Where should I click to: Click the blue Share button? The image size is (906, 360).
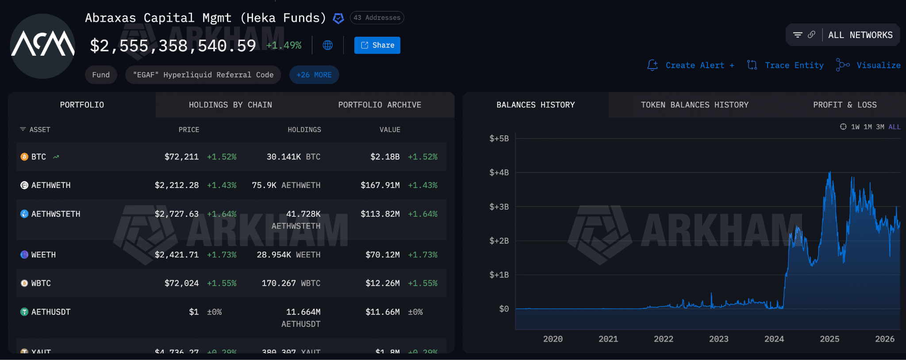377,45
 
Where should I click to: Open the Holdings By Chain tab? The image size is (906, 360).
230,105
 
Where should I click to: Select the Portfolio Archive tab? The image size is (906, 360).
380,105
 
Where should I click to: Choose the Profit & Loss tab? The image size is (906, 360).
845,105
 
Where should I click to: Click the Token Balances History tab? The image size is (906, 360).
695,105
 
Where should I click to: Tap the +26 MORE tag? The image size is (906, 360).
314,75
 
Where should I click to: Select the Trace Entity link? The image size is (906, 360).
794,65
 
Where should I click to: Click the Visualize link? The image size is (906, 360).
878,65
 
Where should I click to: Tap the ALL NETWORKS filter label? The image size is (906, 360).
860,35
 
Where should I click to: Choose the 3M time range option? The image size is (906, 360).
880,127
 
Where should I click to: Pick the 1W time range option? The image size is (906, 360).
855,127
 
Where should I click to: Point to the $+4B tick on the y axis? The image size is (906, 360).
499,172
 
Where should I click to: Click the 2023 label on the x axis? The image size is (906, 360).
718,339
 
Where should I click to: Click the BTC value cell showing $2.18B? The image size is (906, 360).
385,157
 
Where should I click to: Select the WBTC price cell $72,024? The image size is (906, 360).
181,283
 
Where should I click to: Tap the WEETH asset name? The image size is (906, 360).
43,255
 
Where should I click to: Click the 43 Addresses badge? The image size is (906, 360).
377,18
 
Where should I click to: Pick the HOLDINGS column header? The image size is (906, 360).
304,130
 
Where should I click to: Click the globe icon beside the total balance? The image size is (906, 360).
328,45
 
